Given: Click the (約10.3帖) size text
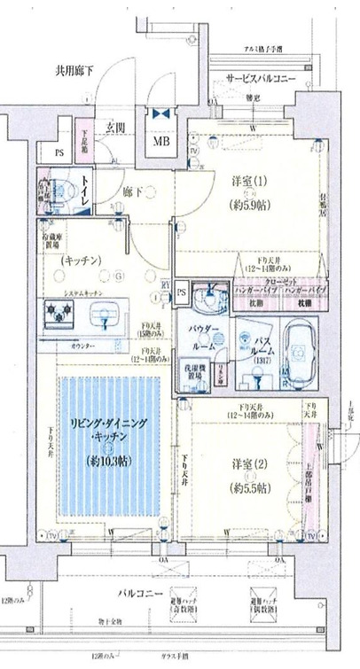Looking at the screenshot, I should [110, 460].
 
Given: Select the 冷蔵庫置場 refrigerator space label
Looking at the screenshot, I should [58, 240].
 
